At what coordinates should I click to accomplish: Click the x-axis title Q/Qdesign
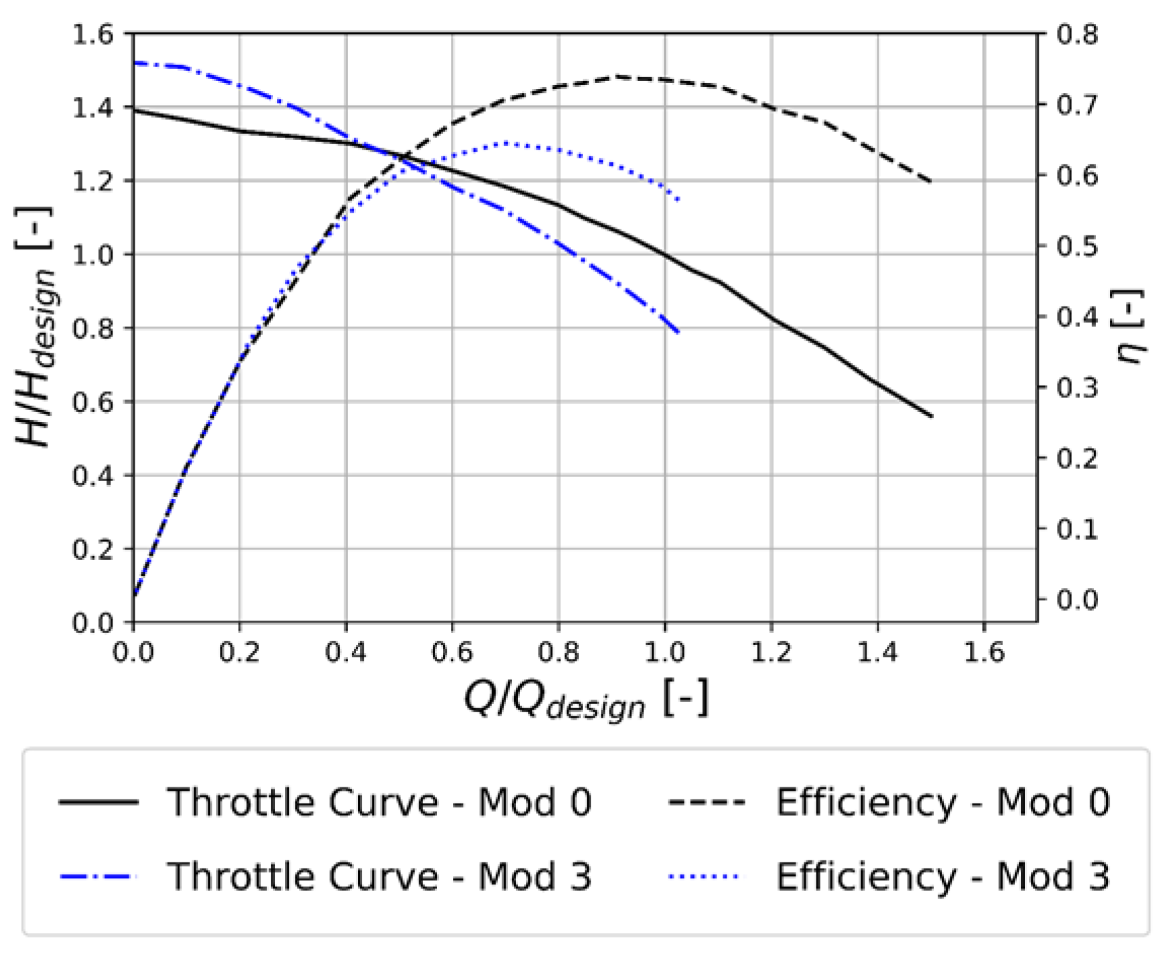[x=585, y=701]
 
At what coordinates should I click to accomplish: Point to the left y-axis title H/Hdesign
[x=35, y=327]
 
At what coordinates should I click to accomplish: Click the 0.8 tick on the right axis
[x=1077, y=34]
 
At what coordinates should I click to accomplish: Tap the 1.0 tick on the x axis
[x=665, y=652]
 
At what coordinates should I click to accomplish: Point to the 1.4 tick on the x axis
[x=877, y=652]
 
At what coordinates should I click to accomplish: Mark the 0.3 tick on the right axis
[x=1077, y=388]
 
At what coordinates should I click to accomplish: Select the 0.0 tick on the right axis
[x=1077, y=600]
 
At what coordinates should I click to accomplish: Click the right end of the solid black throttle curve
[x=932, y=416]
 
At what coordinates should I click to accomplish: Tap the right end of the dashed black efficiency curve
[x=932, y=182]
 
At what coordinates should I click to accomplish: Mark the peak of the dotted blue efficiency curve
[x=507, y=143]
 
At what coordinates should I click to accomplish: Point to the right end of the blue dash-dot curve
[x=679, y=332]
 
